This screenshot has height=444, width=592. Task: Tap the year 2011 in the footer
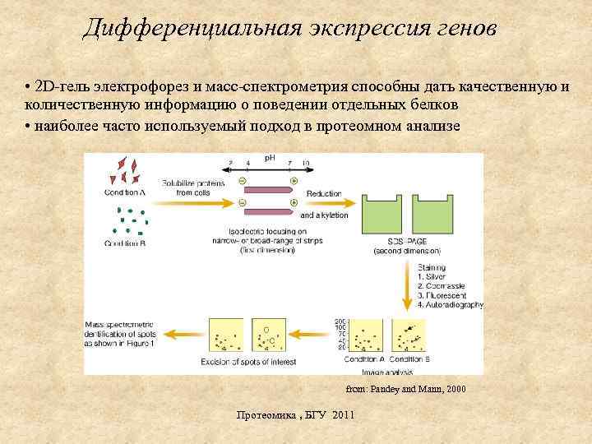(340, 414)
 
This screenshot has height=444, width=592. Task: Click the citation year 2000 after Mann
(453, 388)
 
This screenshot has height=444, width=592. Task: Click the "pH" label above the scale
(269, 157)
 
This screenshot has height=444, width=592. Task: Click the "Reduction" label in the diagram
(323, 193)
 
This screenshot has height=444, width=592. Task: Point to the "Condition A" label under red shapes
(125, 192)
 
